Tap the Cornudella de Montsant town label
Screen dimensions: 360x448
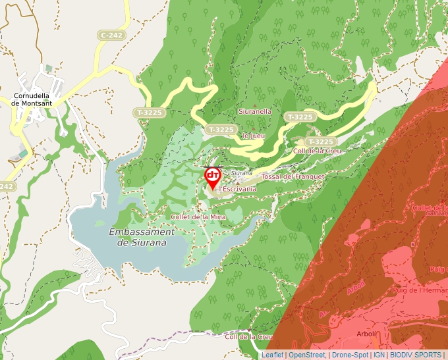[36, 99]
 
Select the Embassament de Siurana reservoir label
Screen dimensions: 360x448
[141, 237]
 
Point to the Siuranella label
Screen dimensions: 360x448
[255, 111]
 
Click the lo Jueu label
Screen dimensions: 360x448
[254, 136]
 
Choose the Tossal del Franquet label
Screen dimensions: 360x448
[293, 177]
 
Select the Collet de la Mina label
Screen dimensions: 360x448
[198, 217]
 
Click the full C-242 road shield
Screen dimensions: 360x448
[111, 34]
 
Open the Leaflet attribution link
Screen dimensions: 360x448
[272, 355]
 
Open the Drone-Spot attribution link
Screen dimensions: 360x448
[350, 355]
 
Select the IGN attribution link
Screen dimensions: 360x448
[379, 355]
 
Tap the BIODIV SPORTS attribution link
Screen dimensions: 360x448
[416, 355]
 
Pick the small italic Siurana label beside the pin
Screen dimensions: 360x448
[241, 172]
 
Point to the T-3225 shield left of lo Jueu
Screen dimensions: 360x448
[220, 130]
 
